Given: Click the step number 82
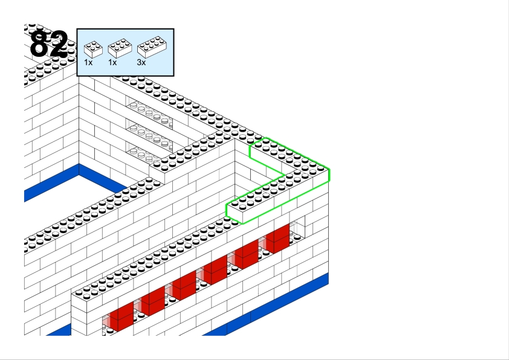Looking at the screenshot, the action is (x=49, y=43).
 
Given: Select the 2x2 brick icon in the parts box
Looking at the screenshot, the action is (x=93, y=50).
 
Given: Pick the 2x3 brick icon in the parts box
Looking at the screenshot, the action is (x=120, y=48).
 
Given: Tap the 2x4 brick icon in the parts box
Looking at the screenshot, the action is (x=152, y=47).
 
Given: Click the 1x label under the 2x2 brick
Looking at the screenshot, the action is (x=88, y=63).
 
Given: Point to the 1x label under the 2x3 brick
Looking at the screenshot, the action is (x=112, y=63).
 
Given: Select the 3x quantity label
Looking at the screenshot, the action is (x=141, y=63).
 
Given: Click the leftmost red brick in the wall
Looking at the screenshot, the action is (x=122, y=317).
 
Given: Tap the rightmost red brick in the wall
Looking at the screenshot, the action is (x=277, y=239).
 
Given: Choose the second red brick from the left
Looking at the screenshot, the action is (x=153, y=301).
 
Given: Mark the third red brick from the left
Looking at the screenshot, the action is (x=184, y=285).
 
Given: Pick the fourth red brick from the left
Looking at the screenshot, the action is (x=215, y=269).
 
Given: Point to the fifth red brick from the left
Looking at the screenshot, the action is (x=247, y=254).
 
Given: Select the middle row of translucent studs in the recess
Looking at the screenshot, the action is (x=149, y=135).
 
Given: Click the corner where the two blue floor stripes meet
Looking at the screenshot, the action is (x=79, y=169).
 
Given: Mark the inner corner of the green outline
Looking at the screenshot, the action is (x=285, y=175).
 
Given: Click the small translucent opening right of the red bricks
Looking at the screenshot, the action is (x=297, y=231).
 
